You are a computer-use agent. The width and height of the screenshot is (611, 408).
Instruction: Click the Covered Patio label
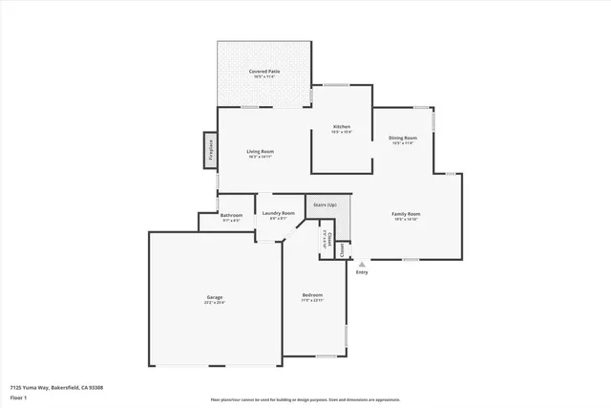click(x=264, y=72)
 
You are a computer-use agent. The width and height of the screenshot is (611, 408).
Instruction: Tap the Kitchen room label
click(x=341, y=127)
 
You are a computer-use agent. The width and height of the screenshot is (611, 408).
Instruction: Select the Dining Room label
click(x=403, y=138)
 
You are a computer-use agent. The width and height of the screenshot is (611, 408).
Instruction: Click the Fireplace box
click(x=207, y=150)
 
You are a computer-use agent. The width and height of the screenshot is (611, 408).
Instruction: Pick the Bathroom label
click(x=231, y=215)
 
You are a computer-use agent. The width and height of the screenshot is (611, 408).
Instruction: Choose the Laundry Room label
click(x=278, y=213)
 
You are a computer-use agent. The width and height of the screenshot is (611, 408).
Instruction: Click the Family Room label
click(x=407, y=214)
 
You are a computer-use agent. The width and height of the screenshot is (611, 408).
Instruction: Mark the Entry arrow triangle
click(x=361, y=264)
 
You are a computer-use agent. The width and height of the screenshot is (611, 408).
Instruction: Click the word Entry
click(x=361, y=273)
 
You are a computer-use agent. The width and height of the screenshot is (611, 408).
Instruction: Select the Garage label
click(x=215, y=297)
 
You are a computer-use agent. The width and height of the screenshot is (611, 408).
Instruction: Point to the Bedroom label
click(x=312, y=294)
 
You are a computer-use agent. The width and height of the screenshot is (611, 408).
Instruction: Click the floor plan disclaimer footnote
click(x=305, y=400)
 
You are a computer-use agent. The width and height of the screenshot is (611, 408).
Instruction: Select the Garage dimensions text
click(x=215, y=303)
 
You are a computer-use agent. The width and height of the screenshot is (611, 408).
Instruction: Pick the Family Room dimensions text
click(x=407, y=220)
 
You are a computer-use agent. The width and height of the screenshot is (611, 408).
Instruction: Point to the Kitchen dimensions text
click(x=341, y=133)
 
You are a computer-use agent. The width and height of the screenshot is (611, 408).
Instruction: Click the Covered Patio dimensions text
click(x=264, y=77)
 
